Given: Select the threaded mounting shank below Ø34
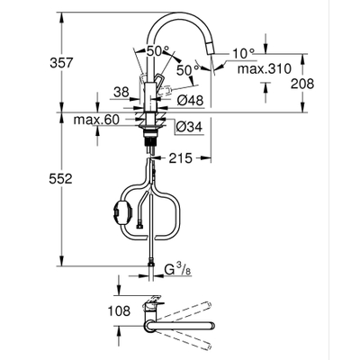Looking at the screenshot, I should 148,136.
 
